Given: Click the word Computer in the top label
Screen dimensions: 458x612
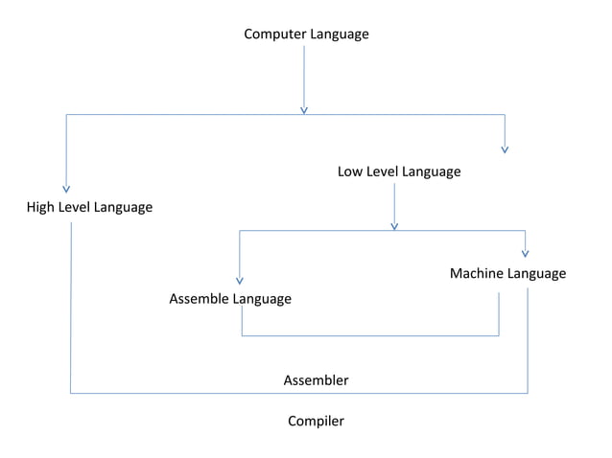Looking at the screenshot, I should (275, 34).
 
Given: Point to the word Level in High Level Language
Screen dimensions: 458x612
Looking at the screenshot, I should (80, 207).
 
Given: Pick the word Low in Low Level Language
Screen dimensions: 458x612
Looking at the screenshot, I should (350, 172).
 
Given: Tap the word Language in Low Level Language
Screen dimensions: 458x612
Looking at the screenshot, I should (432, 172).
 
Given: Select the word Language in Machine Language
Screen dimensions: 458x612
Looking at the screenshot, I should (537, 274).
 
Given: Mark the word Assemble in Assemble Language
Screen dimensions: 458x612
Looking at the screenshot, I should (199, 299).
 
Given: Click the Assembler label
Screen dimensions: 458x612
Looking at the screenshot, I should (316, 380).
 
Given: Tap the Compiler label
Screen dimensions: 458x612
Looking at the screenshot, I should (316, 421).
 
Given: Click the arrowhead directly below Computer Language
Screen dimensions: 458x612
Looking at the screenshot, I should (304, 110).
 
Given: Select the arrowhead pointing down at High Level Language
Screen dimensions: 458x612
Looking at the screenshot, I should (66, 189).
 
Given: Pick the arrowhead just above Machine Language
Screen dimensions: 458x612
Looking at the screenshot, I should (526, 255).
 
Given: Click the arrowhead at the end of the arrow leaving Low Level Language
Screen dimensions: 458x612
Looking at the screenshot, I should (394, 226).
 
